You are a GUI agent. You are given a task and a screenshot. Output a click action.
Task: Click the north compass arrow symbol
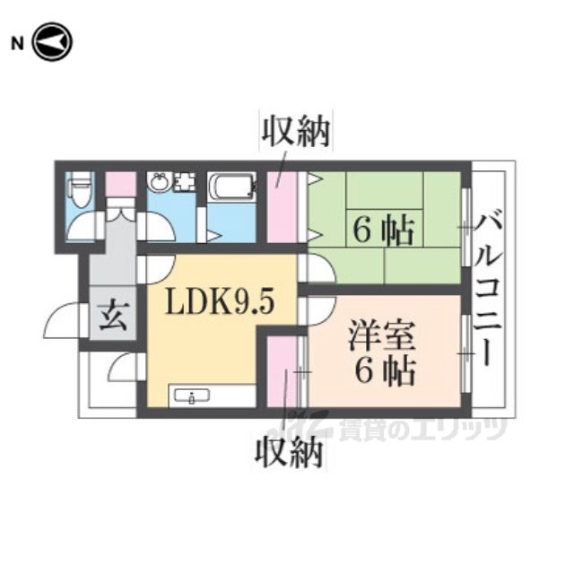[53, 42]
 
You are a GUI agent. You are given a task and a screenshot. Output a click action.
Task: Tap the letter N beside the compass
[17, 44]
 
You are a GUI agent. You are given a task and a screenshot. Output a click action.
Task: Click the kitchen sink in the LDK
[192, 396]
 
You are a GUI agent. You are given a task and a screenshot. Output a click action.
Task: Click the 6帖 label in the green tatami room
[383, 230]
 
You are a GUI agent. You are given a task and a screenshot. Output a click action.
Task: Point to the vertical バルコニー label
[488, 290]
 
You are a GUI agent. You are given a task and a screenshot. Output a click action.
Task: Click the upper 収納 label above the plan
[295, 132]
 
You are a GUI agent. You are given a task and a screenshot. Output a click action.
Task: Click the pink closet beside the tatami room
[281, 207]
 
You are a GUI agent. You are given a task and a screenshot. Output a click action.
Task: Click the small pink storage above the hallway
[121, 185]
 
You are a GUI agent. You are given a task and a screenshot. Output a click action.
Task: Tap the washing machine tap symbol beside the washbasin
[185, 181]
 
